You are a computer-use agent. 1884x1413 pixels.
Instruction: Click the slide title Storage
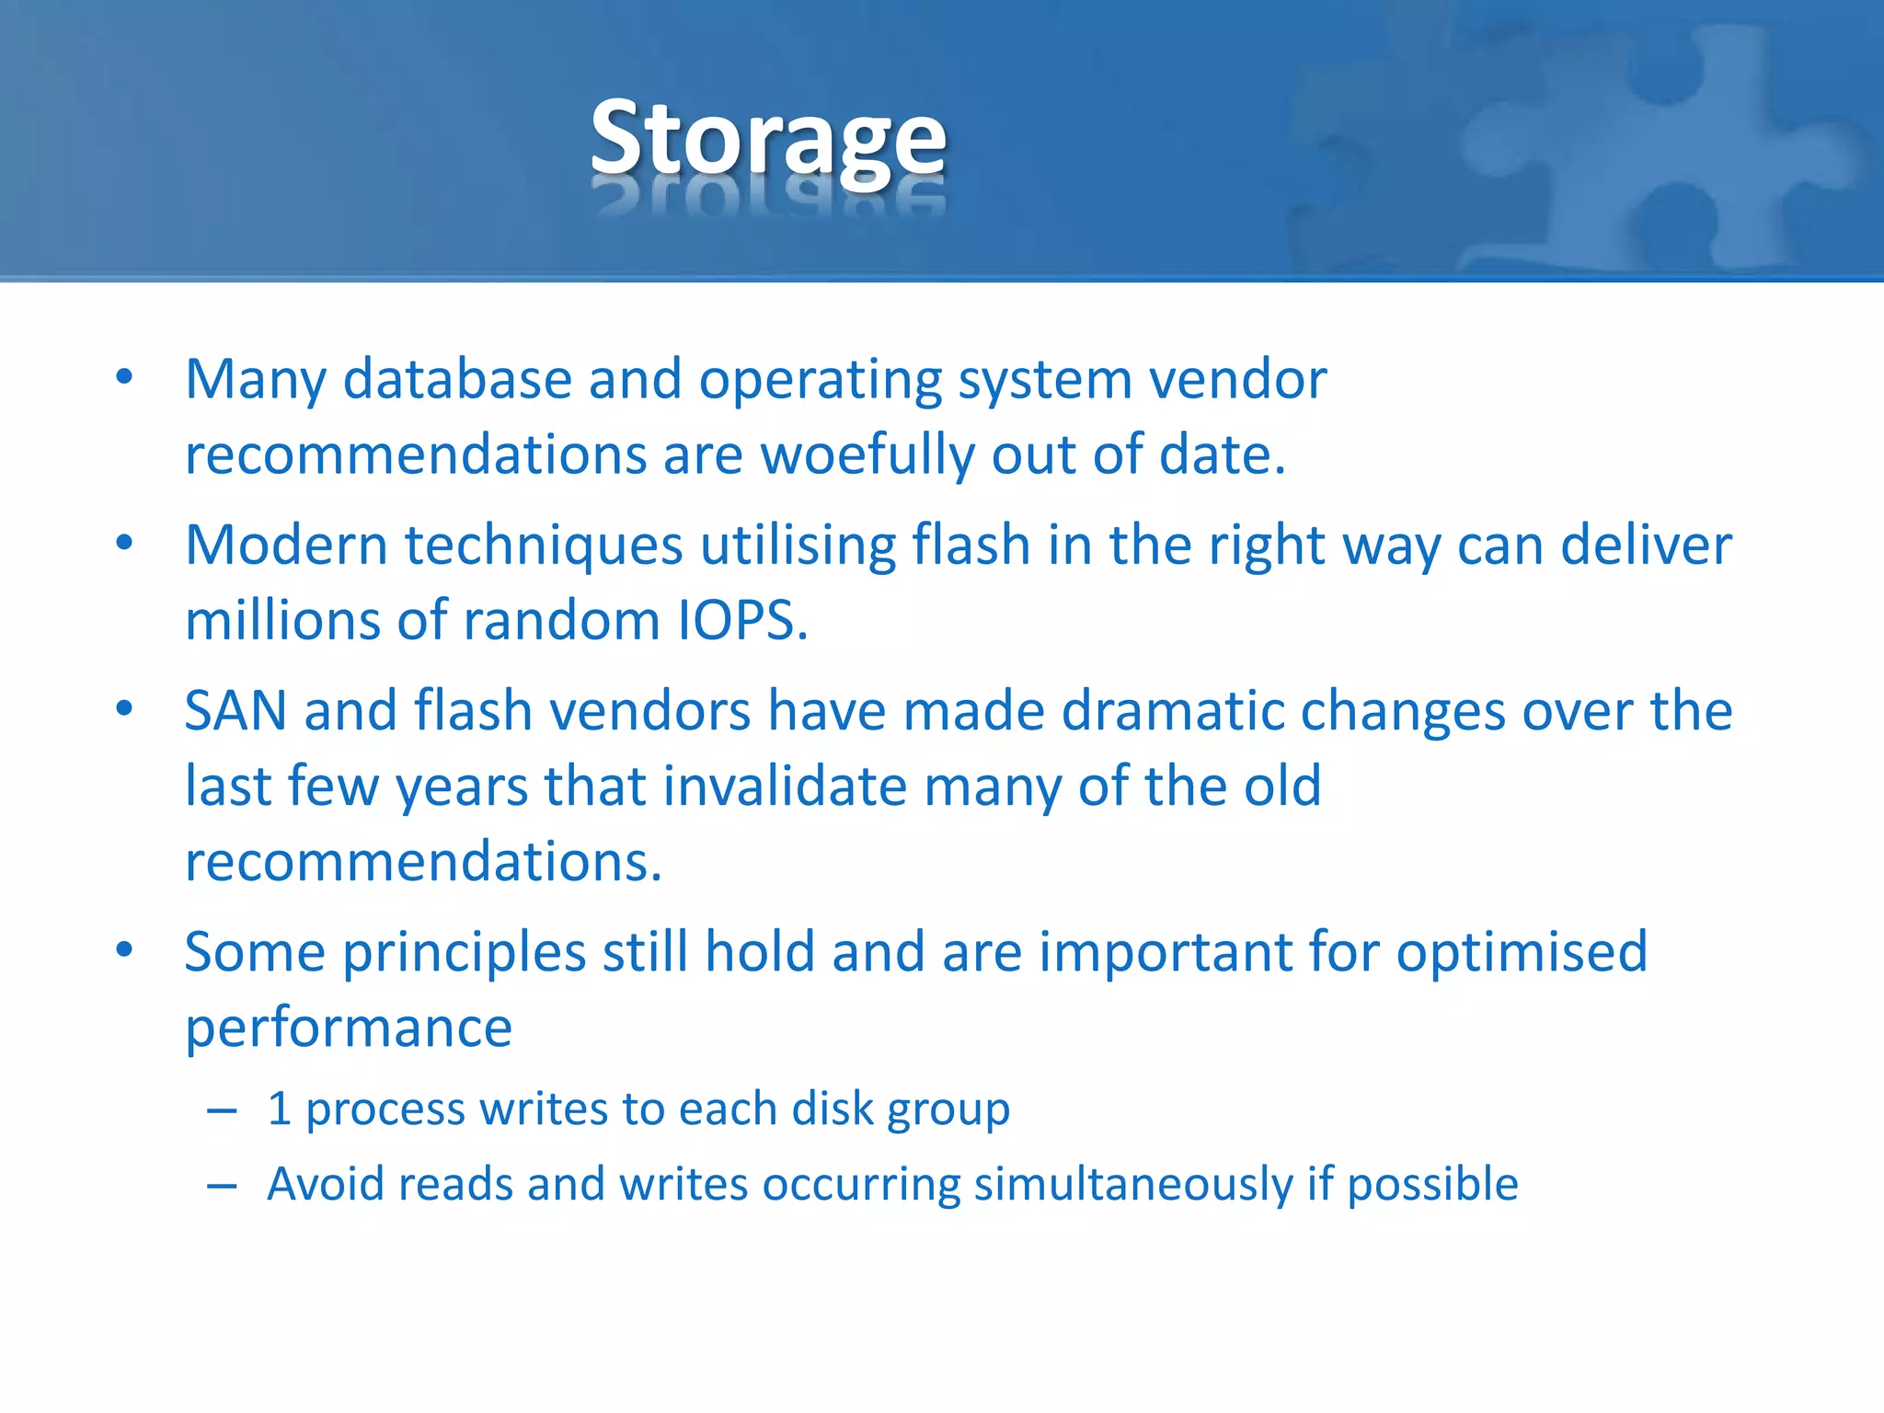click(x=768, y=138)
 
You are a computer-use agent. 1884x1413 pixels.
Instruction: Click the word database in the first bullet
click(x=457, y=379)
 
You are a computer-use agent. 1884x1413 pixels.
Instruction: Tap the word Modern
click(x=286, y=545)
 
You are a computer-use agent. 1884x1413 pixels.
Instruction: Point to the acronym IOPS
click(x=741, y=621)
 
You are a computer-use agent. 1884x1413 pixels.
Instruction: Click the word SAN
click(x=235, y=711)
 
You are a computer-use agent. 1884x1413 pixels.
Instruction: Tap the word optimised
click(x=1522, y=952)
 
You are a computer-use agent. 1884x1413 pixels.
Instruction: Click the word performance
click(x=349, y=1028)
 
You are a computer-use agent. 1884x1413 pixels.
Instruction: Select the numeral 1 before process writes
click(x=280, y=1109)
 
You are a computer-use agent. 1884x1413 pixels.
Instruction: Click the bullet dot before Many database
click(x=125, y=377)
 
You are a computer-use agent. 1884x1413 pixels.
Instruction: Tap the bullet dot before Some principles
click(x=125, y=950)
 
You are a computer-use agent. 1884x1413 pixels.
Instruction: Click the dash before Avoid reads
click(x=222, y=1186)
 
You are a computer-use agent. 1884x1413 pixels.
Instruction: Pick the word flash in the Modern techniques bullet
click(x=971, y=545)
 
